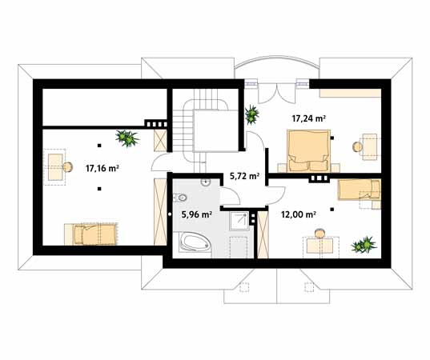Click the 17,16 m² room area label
tap(102, 168)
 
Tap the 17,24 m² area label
tap(308, 118)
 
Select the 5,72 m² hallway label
tap(244, 176)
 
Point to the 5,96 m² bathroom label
tap(196, 214)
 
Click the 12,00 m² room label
tap(298, 214)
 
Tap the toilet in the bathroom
tap(180, 198)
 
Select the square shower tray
tap(239, 221)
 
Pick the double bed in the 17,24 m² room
tap(308, 151)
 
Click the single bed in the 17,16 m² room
tap(94, 234)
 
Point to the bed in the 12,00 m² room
tap(360, 190)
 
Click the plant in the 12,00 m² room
tap(364, 245)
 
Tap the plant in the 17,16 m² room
tap(127, 138)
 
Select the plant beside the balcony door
tap(251, 114)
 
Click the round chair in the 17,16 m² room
tap(67, 167)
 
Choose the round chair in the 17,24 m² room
tap(358, 147)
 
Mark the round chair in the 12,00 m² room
tap(319, 233)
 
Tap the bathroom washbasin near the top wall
tap(205, 182)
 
